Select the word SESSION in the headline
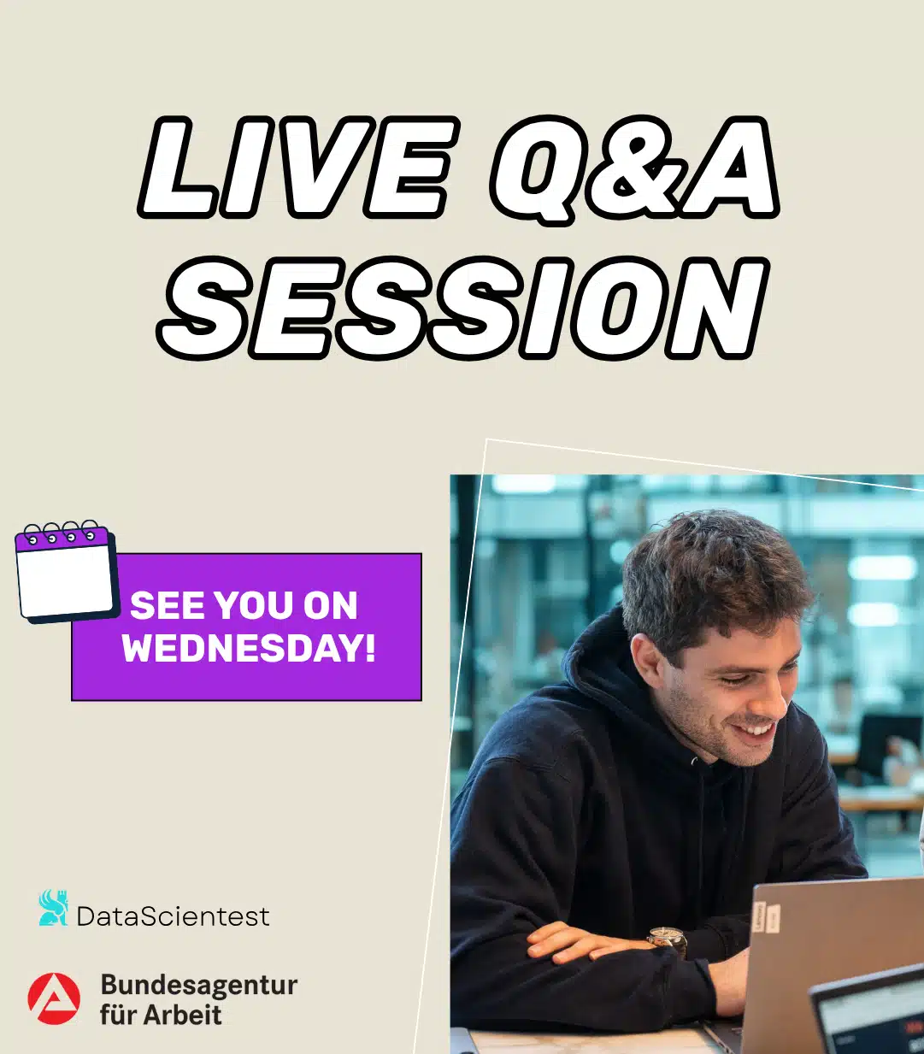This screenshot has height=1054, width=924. pos(463,308)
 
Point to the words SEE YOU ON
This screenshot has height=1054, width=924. pos(244,605)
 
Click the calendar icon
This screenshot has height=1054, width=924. pos(66,571)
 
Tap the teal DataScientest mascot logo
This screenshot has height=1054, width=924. pos(54,907)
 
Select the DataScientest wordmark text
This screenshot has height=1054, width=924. pos(174,916)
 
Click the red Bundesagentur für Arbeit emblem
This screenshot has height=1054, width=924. pos(54,998)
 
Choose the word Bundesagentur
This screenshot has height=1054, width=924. pos(199,985)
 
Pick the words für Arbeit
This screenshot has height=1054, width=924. pos(161,1015)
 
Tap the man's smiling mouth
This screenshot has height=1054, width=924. pos(758,729)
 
